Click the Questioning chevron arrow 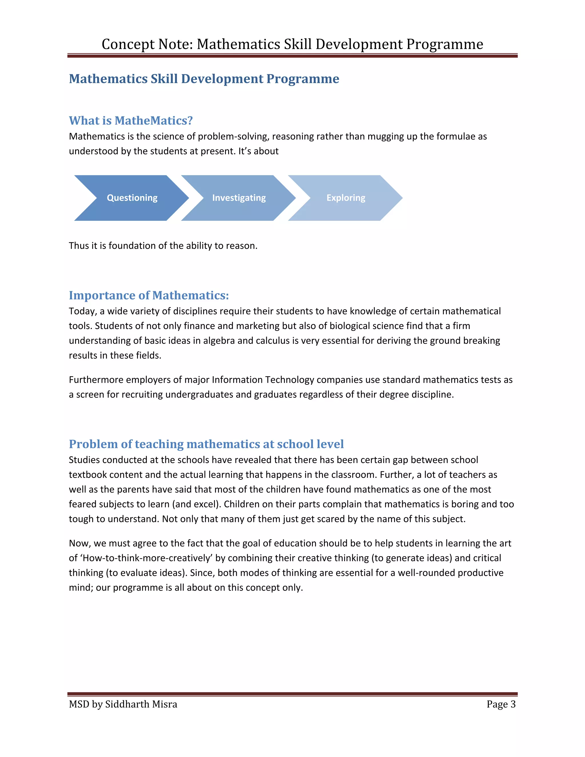click(132, 198)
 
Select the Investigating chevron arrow click(239, 198)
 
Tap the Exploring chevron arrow click(346, 198)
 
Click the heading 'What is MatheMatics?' click(131, 121)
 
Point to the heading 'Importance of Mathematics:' click(149, 295)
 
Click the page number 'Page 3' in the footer click(501, 704)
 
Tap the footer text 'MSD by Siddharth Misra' click(123, 704)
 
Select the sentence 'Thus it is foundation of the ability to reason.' click(163, 246)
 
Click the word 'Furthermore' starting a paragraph click(96, 380)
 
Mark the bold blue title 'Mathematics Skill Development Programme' click(204, 79)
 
